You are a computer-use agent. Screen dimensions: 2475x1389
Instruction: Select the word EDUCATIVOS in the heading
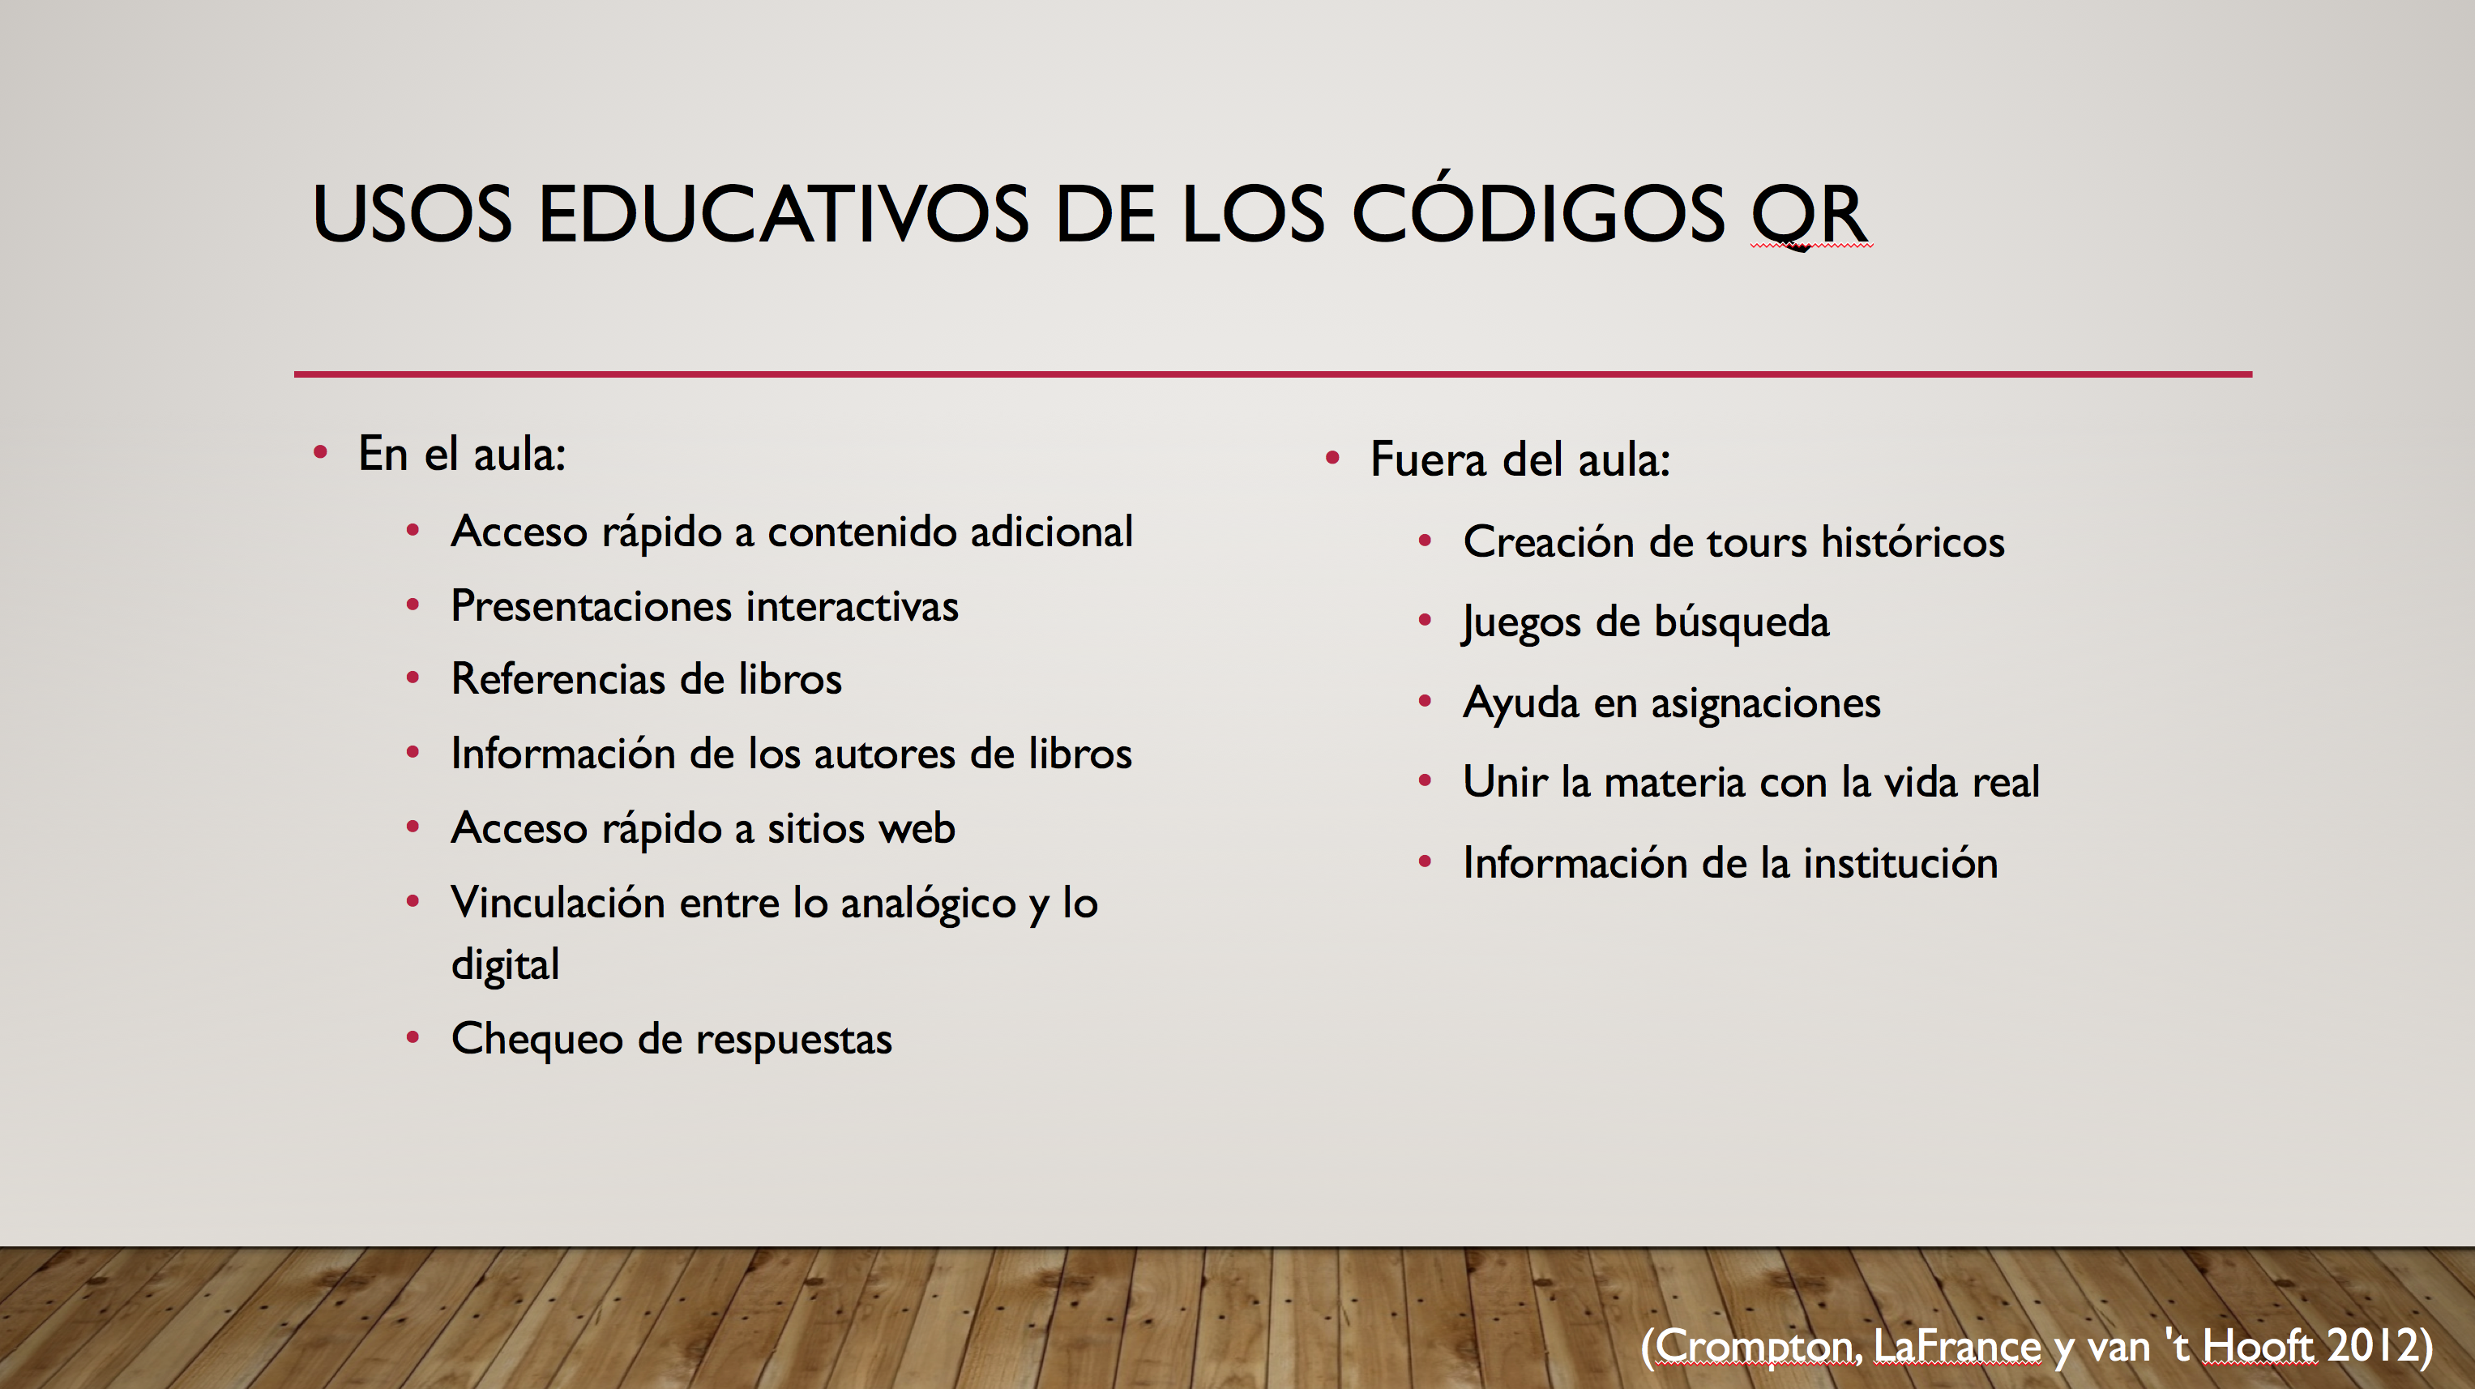coord(783,213)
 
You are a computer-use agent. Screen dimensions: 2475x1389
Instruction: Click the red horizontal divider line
coord(1273,374)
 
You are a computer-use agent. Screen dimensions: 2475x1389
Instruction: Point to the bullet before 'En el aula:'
coord(321,453)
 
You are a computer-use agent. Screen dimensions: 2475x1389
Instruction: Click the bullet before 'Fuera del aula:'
coord(1332,458)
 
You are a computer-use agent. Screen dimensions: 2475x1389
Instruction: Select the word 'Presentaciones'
coord(592,607)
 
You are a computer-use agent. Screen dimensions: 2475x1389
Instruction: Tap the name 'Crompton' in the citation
coord(1759,1347)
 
